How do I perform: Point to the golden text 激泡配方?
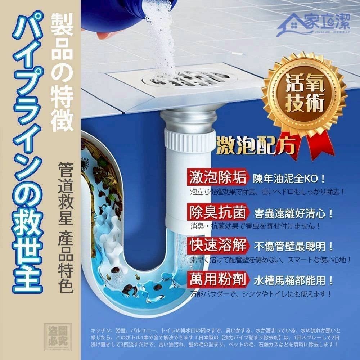pos(256,144)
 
